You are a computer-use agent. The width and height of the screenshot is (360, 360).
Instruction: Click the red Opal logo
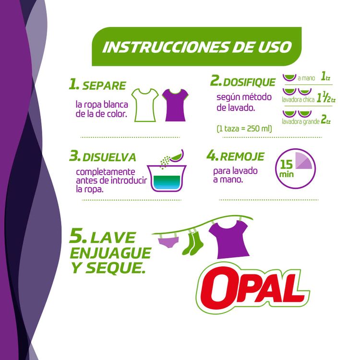(x=252, y=286)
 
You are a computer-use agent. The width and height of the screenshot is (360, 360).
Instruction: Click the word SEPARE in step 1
(x=104, y=86)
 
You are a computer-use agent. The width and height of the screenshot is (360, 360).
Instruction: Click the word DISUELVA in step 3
(x=109, y=157)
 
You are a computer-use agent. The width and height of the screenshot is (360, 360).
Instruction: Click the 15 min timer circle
(x=296, y=166)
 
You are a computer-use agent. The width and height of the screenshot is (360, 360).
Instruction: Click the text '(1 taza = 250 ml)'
(x=244, y=128)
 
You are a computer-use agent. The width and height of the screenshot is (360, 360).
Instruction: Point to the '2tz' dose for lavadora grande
(x=326, y=120)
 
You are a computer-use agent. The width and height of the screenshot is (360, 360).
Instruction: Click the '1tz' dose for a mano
(x=326, y=76)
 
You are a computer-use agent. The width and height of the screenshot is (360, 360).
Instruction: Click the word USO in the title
(x=274, y=47)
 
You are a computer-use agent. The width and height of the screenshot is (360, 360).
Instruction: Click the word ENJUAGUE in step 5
(x=111, y=253)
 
